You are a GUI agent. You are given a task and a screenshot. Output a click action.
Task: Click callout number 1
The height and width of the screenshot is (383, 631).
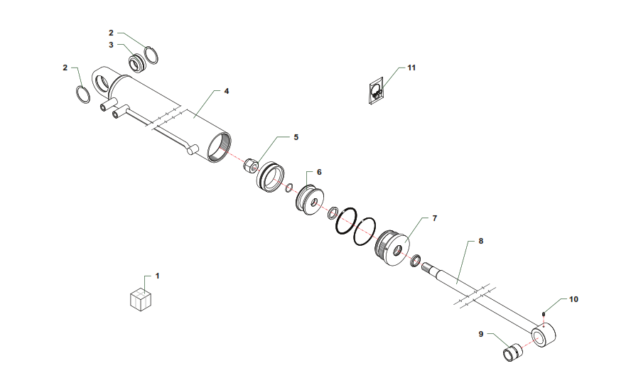point(157,276)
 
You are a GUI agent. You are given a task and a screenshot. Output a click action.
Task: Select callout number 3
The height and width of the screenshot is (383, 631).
point(111,45)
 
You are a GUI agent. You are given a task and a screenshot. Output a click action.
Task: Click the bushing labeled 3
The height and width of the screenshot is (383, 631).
point(137,63)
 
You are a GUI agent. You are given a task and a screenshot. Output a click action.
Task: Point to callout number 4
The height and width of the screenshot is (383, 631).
point(227,92)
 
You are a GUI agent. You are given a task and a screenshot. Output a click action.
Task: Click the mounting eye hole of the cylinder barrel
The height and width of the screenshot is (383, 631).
point(101,83)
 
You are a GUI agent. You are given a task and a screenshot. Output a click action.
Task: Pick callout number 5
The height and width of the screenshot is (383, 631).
point(296,137)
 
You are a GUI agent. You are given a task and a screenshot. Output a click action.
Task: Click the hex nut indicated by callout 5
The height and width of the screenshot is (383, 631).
point(250,166)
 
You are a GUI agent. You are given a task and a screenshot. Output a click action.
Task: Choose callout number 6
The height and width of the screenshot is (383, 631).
point(319,172)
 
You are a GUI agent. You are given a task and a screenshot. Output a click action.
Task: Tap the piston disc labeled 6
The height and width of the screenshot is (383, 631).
point(311,200)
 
